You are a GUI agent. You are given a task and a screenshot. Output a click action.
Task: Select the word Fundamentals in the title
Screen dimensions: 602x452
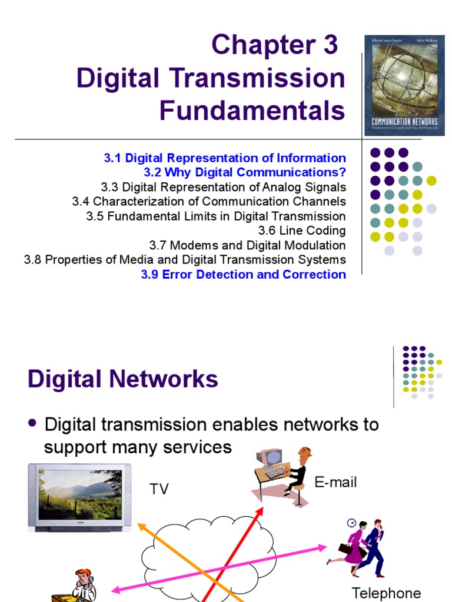pyautogui.click(x=252, y=110)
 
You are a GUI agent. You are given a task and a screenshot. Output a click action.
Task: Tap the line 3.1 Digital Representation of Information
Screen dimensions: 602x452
pyautogui.click(x=225, y=158)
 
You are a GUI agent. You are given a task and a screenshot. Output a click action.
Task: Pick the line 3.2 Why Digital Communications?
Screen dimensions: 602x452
pyautogui.click(x=245, y=173)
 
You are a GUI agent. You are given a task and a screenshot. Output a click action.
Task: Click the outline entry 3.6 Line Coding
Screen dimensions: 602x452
pyautogui.click(x=302, y=230)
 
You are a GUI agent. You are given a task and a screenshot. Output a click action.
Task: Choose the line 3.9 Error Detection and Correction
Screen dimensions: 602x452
pyautogui.click(x=243, y=274)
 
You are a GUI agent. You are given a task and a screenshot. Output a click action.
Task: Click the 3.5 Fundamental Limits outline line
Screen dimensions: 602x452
pyautogui.click(x=216, y=216)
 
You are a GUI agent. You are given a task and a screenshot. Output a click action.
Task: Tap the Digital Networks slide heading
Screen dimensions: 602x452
pyautogui.click(x=122, y=379)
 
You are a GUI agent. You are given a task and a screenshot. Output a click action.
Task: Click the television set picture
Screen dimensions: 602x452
pyautogui.click(x=79, y=496)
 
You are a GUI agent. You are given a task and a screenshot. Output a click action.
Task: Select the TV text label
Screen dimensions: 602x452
pyautogui.click(x=159, y=489)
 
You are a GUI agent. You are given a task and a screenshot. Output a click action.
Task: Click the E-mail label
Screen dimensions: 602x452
pyautogui.click(x=335, y=483)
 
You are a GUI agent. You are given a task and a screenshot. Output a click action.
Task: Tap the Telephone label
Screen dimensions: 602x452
pyautogui.click(x=386, y=593)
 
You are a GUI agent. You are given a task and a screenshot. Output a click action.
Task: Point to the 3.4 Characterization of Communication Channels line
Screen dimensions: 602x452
pyautogui.click(x=209, y=202)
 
